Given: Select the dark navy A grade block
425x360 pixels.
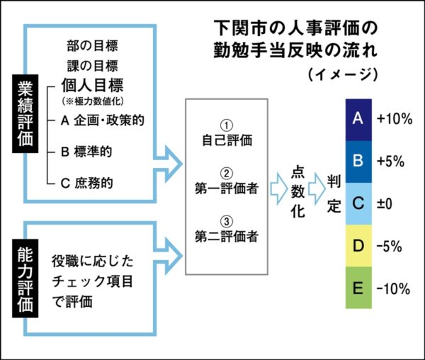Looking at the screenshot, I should coord(358,119).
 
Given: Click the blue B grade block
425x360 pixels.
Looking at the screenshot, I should coord(358,161).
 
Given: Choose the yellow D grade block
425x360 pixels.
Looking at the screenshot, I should coord(358,246).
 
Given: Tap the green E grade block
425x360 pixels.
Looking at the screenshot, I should coord(358,288).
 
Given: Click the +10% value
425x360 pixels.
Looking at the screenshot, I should coord(395,119).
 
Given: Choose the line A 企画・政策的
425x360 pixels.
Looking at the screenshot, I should coord(103,120).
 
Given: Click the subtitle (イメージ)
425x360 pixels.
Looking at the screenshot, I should coord(342,74).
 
